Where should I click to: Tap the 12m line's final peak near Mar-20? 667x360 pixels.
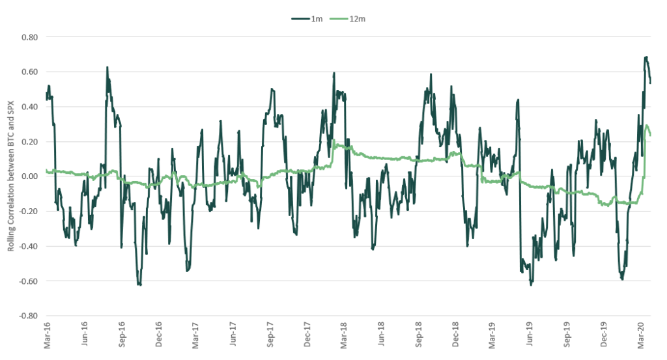647,126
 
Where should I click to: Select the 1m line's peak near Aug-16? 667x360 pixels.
107,67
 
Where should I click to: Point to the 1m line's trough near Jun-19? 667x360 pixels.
531,284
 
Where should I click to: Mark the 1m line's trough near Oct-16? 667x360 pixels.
139,284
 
